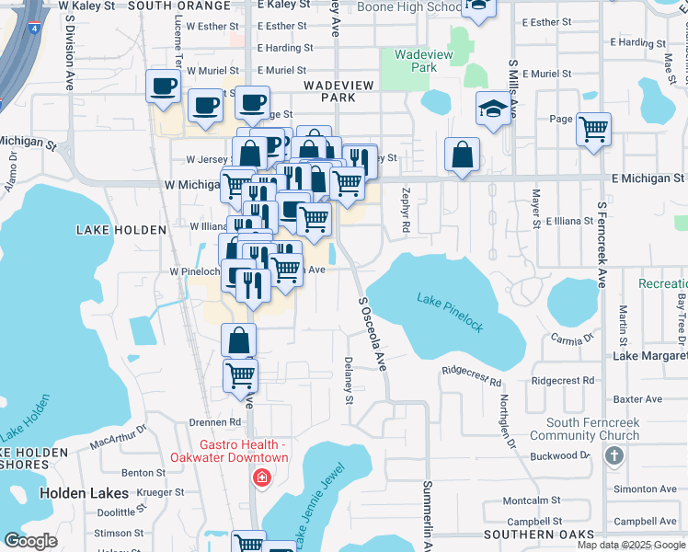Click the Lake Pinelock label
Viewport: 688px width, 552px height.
[x=456, y=308]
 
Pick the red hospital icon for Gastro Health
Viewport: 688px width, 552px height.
[x=262, y=478]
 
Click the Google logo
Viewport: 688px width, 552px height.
[x=30, y=541]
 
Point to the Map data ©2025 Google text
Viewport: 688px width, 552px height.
[x=632, y=545]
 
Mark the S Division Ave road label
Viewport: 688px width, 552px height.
[x=71, y=52]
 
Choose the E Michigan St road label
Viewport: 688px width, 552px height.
[x=648, y=178]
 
